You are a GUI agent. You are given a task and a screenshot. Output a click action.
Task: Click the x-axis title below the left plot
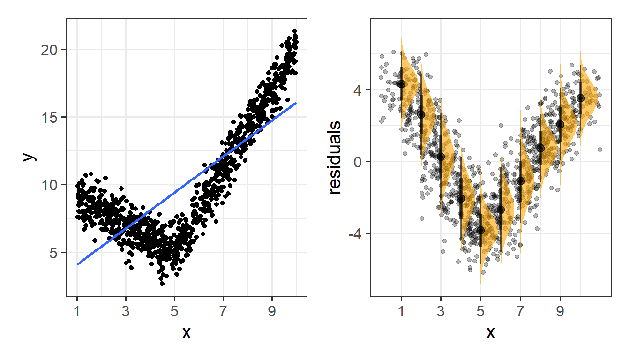pyautogui.click(x=186, y=332)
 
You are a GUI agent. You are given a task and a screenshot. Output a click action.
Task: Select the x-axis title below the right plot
pyautogui.click(x=490, y=332)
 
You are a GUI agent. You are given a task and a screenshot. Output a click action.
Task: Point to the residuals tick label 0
pyautogui.click(x=361, y=162)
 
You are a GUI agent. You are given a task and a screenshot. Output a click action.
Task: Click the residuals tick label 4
pyautogui.click(x=361, y=90)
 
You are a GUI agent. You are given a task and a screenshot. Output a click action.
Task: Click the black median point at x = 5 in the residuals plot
pyautogui.click(x=480, y=230)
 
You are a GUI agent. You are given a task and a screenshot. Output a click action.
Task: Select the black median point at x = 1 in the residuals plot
pyautogui.click(x=401, y=84)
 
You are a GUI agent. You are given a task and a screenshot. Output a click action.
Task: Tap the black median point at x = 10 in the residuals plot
pyautogui.click(x=580, y=98)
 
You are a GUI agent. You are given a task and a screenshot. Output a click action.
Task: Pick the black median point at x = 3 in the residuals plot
pyautogui.click(x=441, y=157)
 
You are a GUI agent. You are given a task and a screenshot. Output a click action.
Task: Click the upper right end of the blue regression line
pyautogui.click(x=296, y=103)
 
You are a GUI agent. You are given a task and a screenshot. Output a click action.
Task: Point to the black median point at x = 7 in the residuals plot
pyautogui.click(x=520, y=181)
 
